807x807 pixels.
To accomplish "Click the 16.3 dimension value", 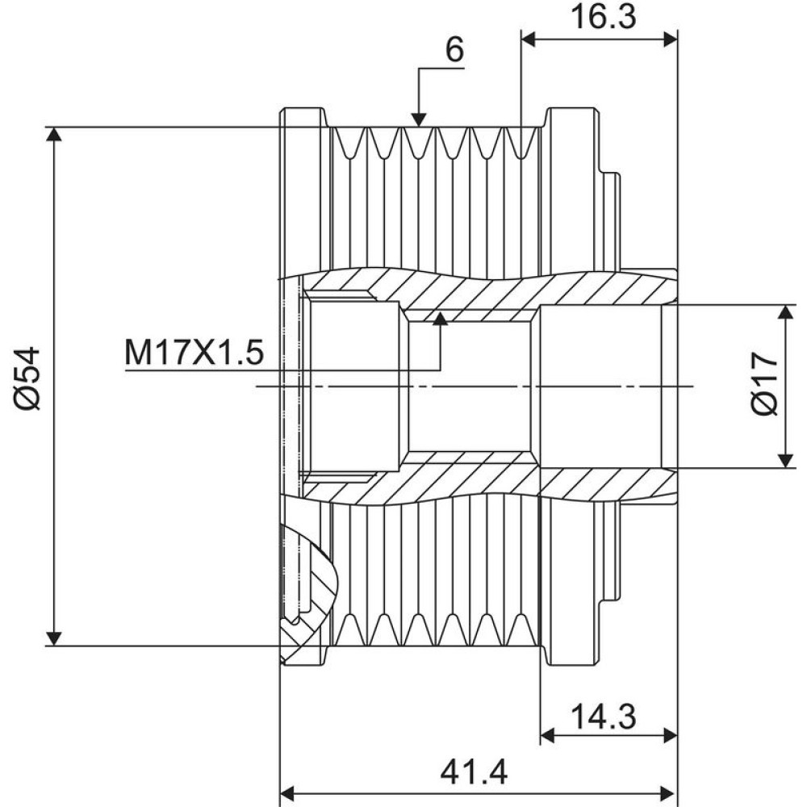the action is tap(603, 17).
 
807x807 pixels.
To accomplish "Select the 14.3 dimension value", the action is tap(603, 717).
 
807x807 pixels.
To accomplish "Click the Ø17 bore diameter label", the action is tap(764, 383).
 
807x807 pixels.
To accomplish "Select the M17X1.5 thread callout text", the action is tap(194, 353).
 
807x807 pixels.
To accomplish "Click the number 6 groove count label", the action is tap(454, 50).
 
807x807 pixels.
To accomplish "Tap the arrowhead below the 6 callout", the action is tap(419, 120).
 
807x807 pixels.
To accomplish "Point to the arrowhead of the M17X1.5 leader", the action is tap(440, 319).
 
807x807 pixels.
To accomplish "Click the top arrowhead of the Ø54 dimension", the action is tap(54, 133).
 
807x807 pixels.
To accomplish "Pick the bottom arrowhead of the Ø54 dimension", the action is tap(54, 638).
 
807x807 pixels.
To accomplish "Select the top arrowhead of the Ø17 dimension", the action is tap(785, 312).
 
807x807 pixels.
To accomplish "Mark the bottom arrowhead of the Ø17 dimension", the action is tap(785, 461).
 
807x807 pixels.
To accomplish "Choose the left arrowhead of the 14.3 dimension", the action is tap(547, 736).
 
